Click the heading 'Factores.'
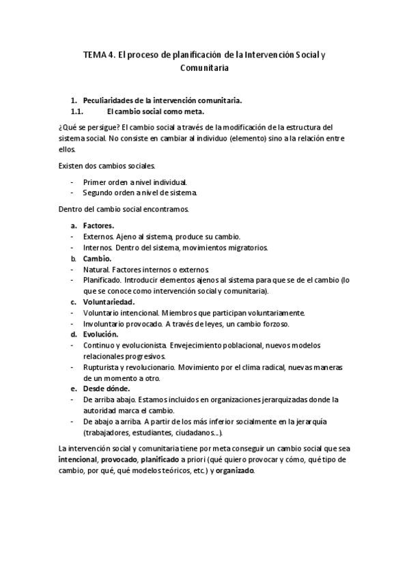(x=98, y=225)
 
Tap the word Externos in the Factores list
(x=98, y=236)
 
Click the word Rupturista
(x=102, y=367)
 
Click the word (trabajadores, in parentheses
(x=109, y=432)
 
